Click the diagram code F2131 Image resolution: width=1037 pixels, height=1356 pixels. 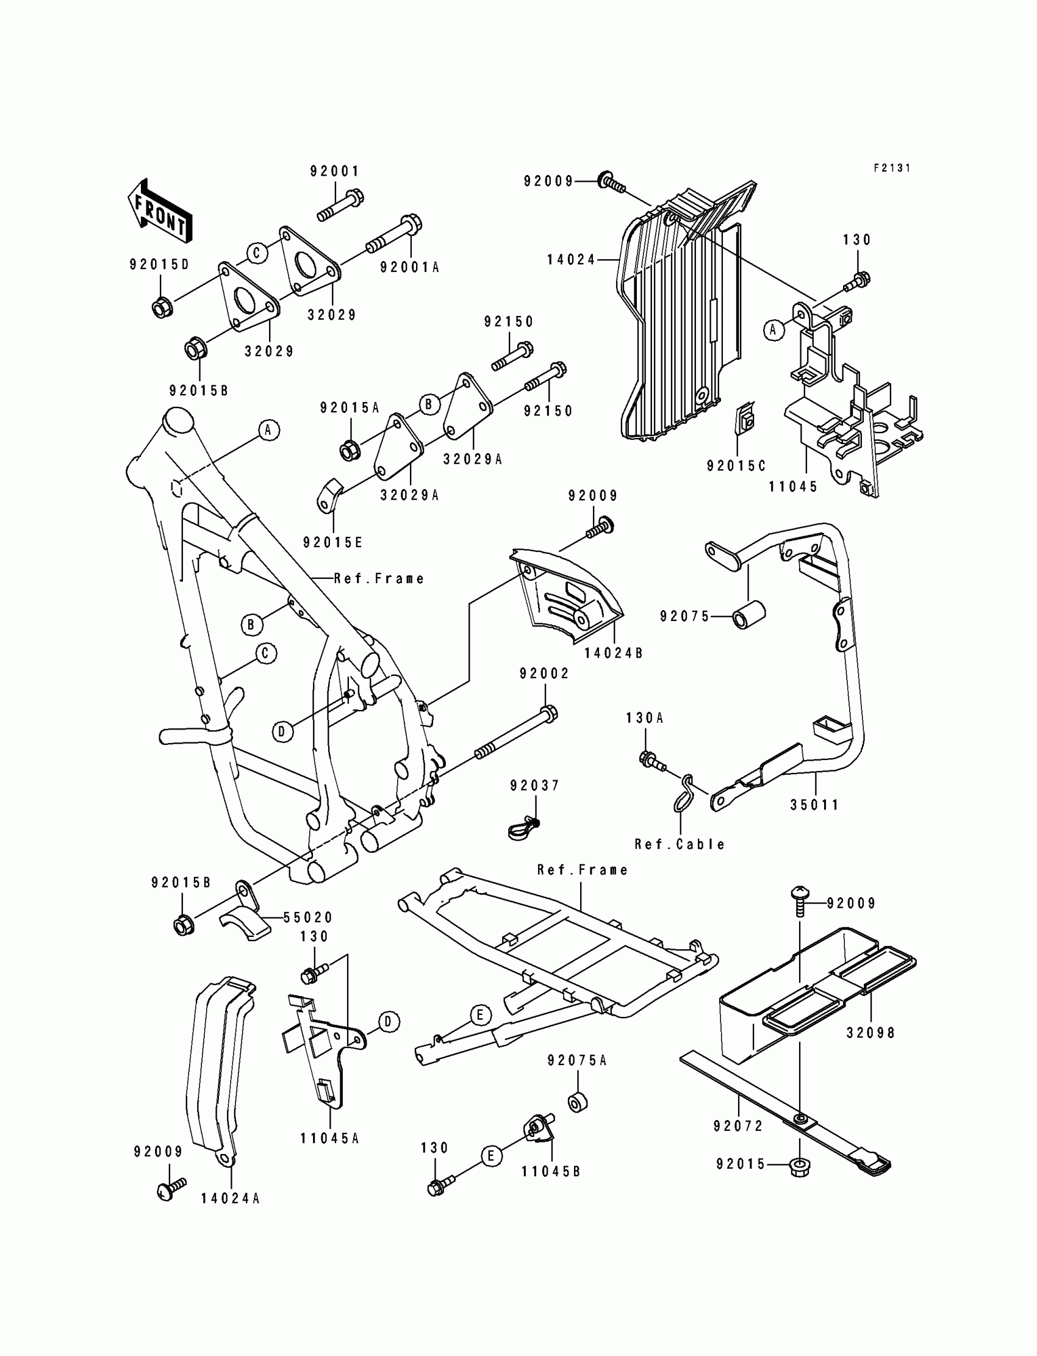click(892, 168)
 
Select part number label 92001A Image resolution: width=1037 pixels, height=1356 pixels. click(409, 267)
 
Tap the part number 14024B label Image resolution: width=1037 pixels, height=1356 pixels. click(614, 653)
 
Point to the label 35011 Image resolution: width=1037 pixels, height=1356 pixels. click(815, 805)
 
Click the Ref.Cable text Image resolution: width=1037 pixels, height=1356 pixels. click(680, 844)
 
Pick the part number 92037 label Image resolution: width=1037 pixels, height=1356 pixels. click(534, 786)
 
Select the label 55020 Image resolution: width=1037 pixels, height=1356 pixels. click(308, 918)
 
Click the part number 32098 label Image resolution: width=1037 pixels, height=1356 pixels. click(870, 1033)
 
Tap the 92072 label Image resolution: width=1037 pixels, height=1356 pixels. click(738, 1127)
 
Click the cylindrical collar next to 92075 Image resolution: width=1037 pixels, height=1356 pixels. click(748, 615)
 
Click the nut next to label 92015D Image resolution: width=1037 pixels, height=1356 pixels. click(162, 307)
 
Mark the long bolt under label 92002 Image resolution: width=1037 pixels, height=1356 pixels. click(516, 733)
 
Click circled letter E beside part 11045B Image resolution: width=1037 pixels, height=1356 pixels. click(491, 1155)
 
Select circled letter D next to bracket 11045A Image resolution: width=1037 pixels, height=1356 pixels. click(388, 1022)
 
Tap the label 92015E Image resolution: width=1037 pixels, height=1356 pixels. click(332, 542)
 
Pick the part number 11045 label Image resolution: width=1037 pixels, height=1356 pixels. click(793, 486)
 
